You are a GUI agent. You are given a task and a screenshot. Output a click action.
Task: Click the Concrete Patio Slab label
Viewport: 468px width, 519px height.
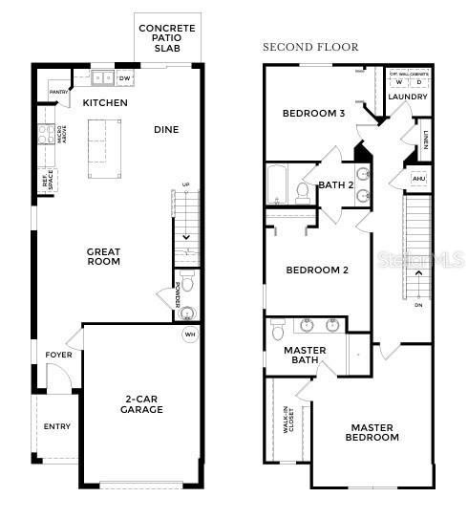click(166, 38)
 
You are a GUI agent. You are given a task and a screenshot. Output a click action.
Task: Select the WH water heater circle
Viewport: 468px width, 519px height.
click(189, 335)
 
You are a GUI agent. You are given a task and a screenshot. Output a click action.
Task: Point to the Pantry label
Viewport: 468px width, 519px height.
click(57, 92)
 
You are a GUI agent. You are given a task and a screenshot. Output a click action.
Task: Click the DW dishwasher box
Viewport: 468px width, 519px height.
click(125, 77)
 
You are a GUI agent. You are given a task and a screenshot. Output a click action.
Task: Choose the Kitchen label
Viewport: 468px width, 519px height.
click(105, 102)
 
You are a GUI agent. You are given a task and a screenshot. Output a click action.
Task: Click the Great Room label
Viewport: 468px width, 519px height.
click(103, 256)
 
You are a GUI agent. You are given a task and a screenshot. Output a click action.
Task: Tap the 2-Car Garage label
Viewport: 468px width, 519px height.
click(142, 403)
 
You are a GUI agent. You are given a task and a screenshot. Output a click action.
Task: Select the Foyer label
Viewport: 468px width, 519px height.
click(58, 356)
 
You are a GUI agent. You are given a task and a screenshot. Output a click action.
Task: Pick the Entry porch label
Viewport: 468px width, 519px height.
click(57, 426)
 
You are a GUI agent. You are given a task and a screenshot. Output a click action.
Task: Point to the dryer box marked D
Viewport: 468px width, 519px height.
click(418, 82)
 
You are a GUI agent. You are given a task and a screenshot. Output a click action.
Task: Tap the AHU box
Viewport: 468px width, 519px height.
click(418, 179)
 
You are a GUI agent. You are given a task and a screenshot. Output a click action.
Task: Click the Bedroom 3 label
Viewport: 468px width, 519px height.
click(313, 114)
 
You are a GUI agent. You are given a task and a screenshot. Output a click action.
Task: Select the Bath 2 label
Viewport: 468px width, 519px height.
click(336, 185)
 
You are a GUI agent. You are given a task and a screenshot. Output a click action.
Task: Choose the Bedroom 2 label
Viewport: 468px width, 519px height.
click(317, 270)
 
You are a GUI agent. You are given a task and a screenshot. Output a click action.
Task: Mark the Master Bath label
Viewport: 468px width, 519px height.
click(306, 356)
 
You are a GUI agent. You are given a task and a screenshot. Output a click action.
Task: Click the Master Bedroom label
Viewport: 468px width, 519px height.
click(372, 433)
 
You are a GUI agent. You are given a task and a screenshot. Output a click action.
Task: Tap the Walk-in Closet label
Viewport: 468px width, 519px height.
click(287, 420)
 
